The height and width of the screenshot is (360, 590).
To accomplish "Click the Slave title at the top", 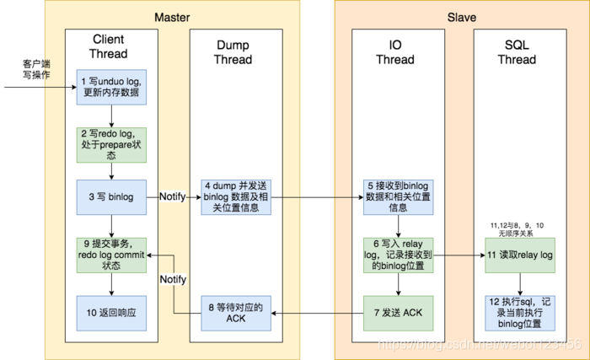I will tap(462, 18).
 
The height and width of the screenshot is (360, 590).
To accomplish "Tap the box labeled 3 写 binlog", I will tap(112, 196).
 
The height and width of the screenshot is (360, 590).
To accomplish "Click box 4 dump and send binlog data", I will tap(235, 196).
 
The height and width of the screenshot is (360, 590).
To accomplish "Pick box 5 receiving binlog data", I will tap(396, 196).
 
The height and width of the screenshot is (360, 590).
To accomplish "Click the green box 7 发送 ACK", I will tap(396, 313).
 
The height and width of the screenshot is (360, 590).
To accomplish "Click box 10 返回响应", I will tap(112, 313).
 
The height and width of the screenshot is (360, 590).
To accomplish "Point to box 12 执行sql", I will tap(518, 313).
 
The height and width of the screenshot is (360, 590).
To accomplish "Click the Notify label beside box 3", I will tap(174, 196).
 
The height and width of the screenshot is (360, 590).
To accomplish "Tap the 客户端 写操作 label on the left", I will tap(36, 70).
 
